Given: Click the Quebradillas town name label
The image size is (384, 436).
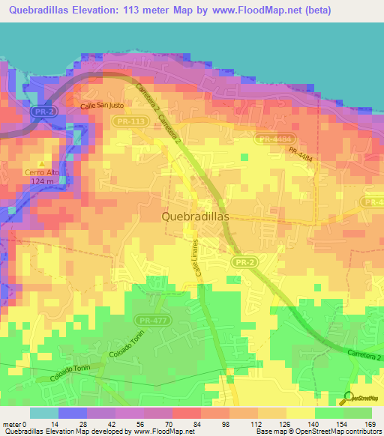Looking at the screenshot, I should click(195, 215).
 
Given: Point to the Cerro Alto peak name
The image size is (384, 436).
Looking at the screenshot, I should click(40, 172).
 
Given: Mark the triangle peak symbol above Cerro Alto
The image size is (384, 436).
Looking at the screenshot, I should click(40, 163).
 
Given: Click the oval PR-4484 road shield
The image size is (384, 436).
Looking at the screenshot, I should click(273, 139).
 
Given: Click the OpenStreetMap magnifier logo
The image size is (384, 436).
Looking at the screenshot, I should click(349, 396).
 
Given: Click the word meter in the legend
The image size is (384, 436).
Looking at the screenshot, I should click(11, 423).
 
